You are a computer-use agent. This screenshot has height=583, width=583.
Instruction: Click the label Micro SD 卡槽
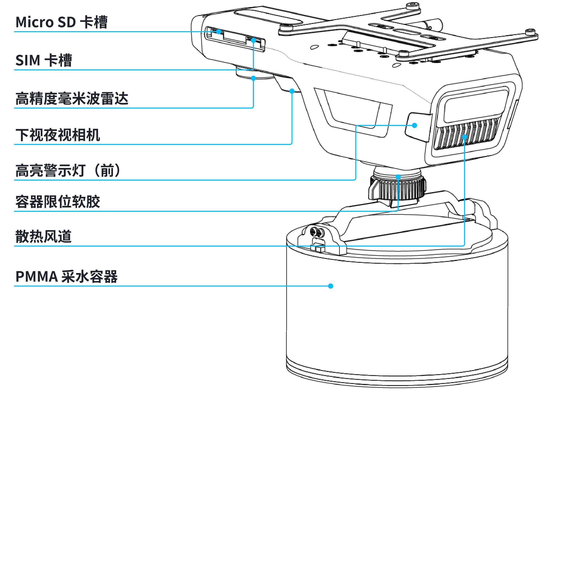(61, 22)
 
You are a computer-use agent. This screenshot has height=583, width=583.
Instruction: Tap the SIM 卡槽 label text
(44, 60)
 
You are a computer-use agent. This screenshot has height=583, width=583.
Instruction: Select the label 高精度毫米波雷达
(72, 99)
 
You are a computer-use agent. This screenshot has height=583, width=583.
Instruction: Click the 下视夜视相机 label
(58, 135)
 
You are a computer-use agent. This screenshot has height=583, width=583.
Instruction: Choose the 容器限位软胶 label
(58, 202)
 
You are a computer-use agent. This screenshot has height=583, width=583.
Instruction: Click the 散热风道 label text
(43, 236)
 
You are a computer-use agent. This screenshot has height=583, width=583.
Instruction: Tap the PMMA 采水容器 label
(66, 276)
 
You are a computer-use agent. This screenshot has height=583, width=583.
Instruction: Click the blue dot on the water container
(331, 286)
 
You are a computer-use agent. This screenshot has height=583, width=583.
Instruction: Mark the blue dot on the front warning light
(415, 125)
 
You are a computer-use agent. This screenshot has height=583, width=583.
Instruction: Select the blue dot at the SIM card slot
(253, 40)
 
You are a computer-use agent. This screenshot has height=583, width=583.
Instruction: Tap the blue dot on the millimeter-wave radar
(253, 78)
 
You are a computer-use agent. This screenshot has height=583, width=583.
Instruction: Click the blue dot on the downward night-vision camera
(292, 91)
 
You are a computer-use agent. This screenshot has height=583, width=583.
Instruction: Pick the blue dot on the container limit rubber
(398, 177)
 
